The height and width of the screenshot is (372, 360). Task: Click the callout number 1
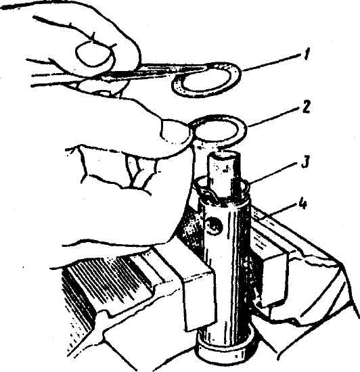[307, 55]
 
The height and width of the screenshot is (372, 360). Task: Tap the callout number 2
[306, 108]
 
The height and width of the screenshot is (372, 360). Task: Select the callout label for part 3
[305, 162]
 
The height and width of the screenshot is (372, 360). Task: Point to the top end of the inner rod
[224, 156]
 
